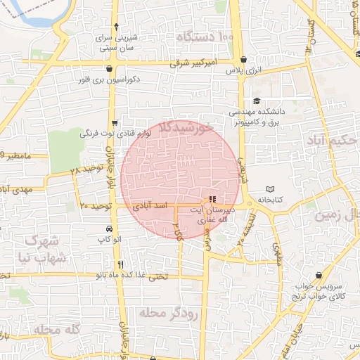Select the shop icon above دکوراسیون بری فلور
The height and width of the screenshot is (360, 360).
tap(110, 68)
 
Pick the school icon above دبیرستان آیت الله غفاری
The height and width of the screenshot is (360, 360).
tap(213, 199)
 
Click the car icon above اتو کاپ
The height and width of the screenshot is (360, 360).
tap(108, 229)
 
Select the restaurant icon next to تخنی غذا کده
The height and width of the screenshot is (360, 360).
tap(121, 265)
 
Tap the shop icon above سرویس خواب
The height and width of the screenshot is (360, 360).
tap(320, 276)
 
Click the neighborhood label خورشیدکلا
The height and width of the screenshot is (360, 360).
tap(186, 127)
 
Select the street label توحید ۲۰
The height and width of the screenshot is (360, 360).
tap(96, 206)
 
